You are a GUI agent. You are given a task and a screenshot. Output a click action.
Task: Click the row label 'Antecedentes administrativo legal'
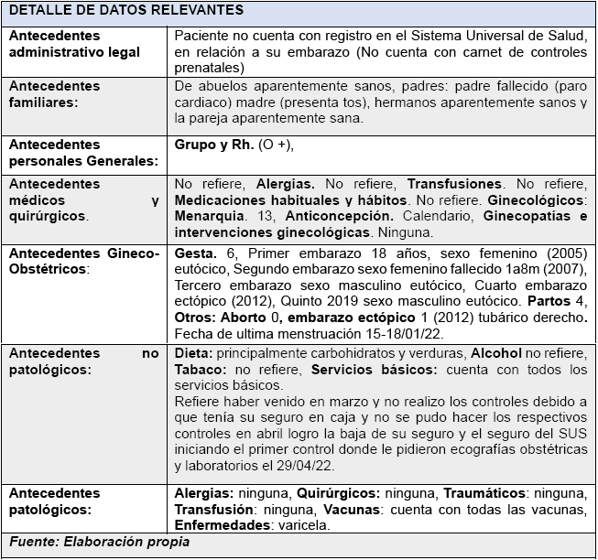pyautogui.click(x=74, y=43)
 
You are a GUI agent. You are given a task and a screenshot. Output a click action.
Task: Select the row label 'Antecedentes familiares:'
pyautogui.click(x=55, y=94)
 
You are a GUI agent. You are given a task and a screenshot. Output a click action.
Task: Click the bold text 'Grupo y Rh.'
pyautogui.click(x=210, y=145)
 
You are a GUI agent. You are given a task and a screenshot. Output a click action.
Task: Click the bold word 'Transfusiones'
pyautogui.click(x=454, y=184)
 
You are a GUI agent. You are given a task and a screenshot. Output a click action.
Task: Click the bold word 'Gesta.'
pyautogui.click(x=195, y=252)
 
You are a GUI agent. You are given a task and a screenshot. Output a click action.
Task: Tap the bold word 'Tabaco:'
pyautogui.click(x=199, y=370)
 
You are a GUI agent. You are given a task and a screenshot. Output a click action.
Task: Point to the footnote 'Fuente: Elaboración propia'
pyautogui.click(x=99, y=542)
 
